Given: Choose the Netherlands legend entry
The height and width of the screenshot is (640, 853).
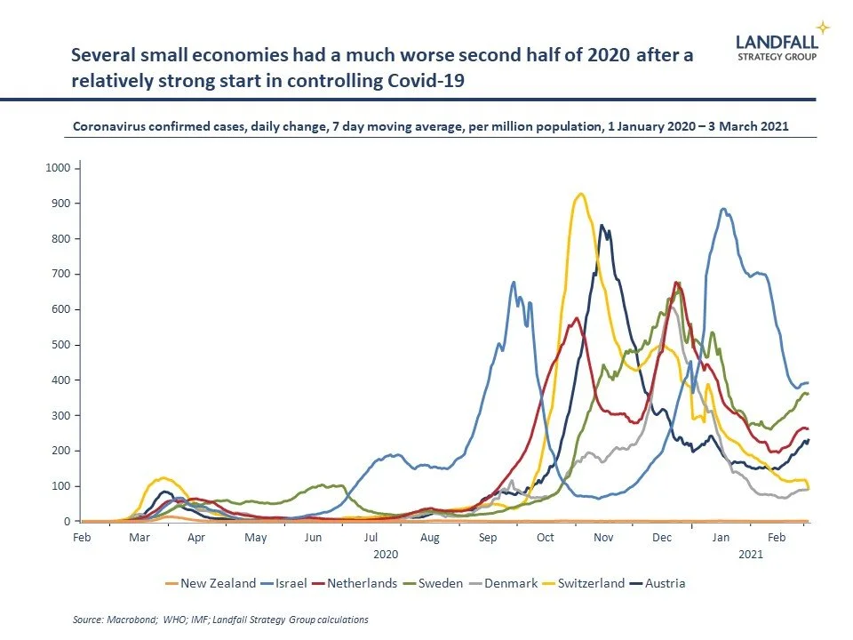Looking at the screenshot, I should [x=356, y=584].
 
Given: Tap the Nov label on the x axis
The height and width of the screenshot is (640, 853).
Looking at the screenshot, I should [x=603, y=539].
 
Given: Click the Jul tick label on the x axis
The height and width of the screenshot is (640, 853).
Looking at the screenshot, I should [x=371, y=539].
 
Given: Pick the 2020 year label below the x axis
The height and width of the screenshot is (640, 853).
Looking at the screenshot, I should [x=386, y=554].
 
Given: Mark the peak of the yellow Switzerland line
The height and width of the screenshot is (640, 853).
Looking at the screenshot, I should [x=580, y=194].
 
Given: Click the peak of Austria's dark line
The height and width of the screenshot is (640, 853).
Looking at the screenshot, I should [x=602, y=226].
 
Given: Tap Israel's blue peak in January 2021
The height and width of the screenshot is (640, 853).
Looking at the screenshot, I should [x=724, y=209].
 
